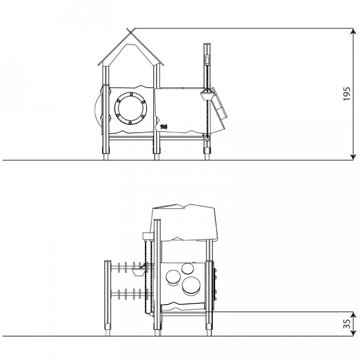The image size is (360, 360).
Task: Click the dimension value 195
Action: pos(347,94)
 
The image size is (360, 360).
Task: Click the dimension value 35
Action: pos(347,324)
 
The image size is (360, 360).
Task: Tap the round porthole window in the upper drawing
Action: pos(131,108)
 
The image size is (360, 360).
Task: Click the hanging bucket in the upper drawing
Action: pos(207,96)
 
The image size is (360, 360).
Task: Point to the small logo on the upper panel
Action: pos(164,126)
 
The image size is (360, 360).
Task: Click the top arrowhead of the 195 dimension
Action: pos(353,31)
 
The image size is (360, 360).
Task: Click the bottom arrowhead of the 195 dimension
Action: pos(353,157)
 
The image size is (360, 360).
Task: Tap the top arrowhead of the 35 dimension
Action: pos(353,315)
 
